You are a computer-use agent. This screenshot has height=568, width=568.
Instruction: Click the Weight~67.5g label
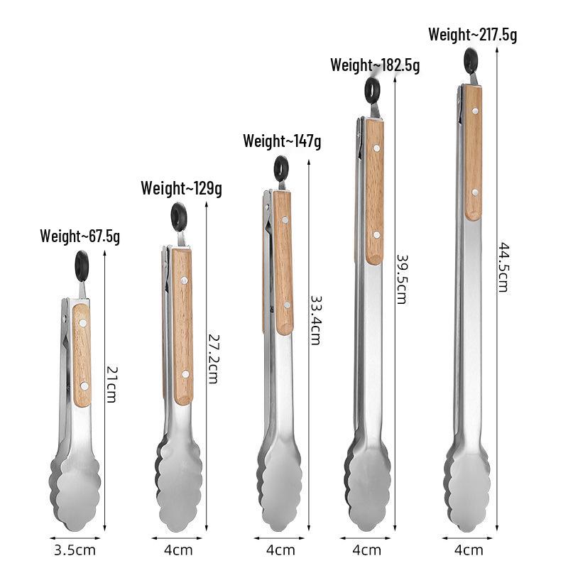[80, 236]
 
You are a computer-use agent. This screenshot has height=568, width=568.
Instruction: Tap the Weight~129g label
[182, 188]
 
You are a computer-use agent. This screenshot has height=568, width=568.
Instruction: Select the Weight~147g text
[282, 141]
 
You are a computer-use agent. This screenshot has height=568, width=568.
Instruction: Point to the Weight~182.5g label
[375, 65]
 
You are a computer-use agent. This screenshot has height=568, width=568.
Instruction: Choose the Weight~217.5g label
[473, 35]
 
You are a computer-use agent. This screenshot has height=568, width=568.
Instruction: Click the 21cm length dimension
[112, 385]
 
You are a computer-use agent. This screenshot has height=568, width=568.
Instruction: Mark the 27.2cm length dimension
[214, 359]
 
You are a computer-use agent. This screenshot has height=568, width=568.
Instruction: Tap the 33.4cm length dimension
[315, 320]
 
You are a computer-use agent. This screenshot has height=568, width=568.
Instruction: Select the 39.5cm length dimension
[402, 279]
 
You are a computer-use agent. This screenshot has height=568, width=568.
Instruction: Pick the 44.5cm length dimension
[503, 268]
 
